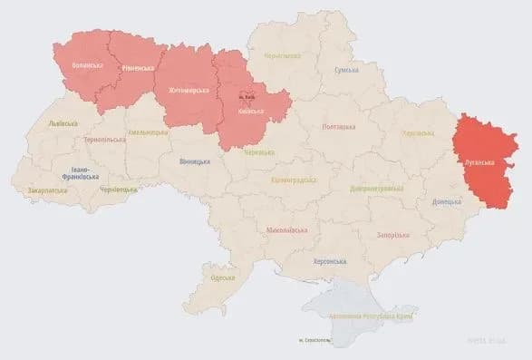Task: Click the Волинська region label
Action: [x=87, y=65]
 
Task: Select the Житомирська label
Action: [x=189, y=91]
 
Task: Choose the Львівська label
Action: [x=63, y=123]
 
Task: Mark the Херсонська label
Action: [x=329, y=261]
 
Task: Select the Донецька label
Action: [x=447, y=201]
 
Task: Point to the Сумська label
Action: [x=346, y=70]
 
